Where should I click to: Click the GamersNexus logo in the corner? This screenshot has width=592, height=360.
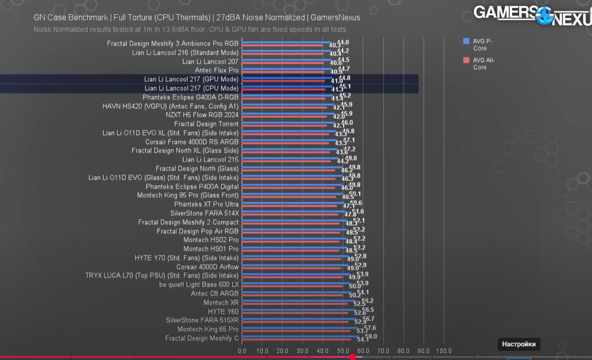click(533, 15)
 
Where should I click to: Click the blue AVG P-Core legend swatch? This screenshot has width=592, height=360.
click(466, 41)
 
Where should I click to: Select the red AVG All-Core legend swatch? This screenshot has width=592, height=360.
click(466, 60)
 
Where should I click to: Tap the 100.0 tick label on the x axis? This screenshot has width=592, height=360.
click(444, 351)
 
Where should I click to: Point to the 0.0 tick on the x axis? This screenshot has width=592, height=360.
click(242, 351)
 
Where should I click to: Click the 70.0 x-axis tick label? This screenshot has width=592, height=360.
click(383, 351)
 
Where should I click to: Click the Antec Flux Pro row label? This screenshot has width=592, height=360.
click(216, 70)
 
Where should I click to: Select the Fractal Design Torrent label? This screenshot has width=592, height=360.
click(206, 124)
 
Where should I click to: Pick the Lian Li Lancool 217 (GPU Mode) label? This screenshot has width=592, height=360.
click(191, 79)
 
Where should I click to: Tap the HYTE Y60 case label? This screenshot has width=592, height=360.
click(223, 312)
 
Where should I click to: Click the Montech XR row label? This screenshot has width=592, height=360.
click(221, 303)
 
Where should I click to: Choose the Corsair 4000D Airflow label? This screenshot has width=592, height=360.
click(207, 267)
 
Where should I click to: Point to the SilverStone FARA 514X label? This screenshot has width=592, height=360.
click(204, 213)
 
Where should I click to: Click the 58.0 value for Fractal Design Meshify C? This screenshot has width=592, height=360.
click(371, 336)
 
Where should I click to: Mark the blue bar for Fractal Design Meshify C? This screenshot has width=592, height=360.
click(301, 336)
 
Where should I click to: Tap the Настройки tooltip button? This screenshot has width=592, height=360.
click(518, 344)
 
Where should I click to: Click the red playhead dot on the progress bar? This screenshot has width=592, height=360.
click(353, 357)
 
